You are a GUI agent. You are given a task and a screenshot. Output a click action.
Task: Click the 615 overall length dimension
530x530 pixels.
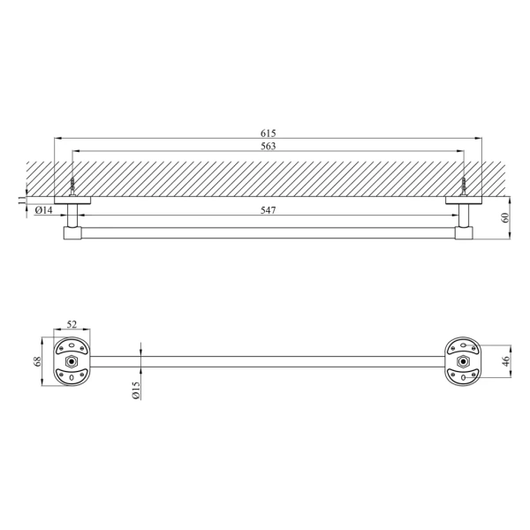(x=268, y=133)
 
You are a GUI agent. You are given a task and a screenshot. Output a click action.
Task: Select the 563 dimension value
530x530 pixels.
(x=268, y=146)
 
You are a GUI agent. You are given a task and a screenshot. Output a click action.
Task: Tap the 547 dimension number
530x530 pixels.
(x=268, y=210)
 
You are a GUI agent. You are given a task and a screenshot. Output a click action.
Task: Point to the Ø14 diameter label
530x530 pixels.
(x=43, y=210)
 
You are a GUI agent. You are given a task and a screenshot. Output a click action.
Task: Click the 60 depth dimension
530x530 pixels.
(x=505, y=217)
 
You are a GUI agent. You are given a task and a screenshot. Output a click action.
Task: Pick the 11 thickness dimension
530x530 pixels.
(x=21, y=201)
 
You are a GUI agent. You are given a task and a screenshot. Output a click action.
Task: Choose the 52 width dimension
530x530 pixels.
(x=72, y=324)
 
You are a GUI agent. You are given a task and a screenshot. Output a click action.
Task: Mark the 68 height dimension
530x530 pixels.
(x=37, y=361)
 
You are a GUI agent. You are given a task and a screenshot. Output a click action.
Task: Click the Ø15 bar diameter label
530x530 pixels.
(x=136, y=390)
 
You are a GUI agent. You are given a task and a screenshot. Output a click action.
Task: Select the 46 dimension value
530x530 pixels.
(x=505, y=361)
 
